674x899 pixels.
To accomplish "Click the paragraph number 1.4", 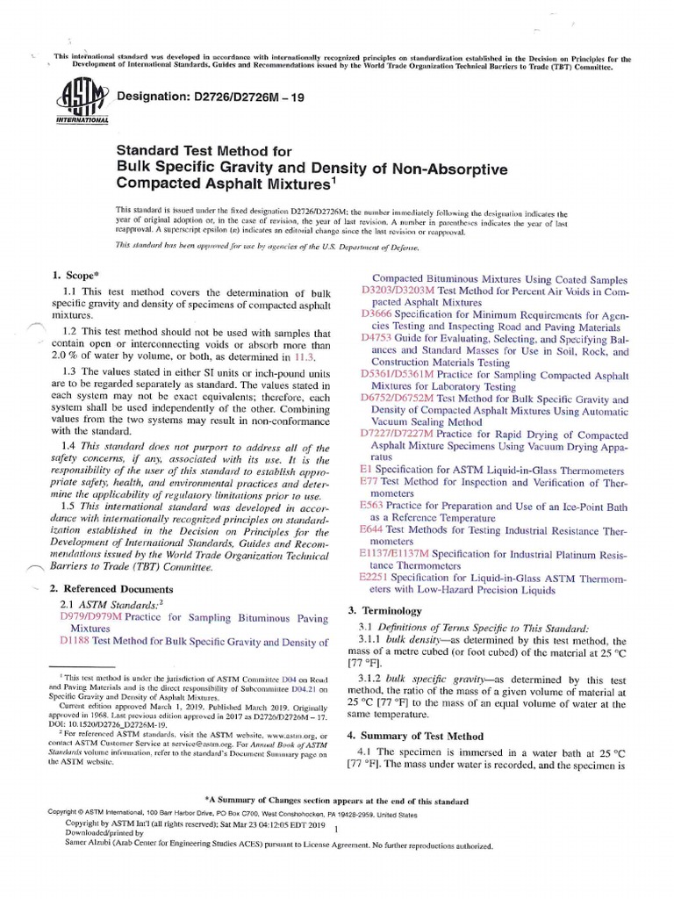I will (x=72, y=448).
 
